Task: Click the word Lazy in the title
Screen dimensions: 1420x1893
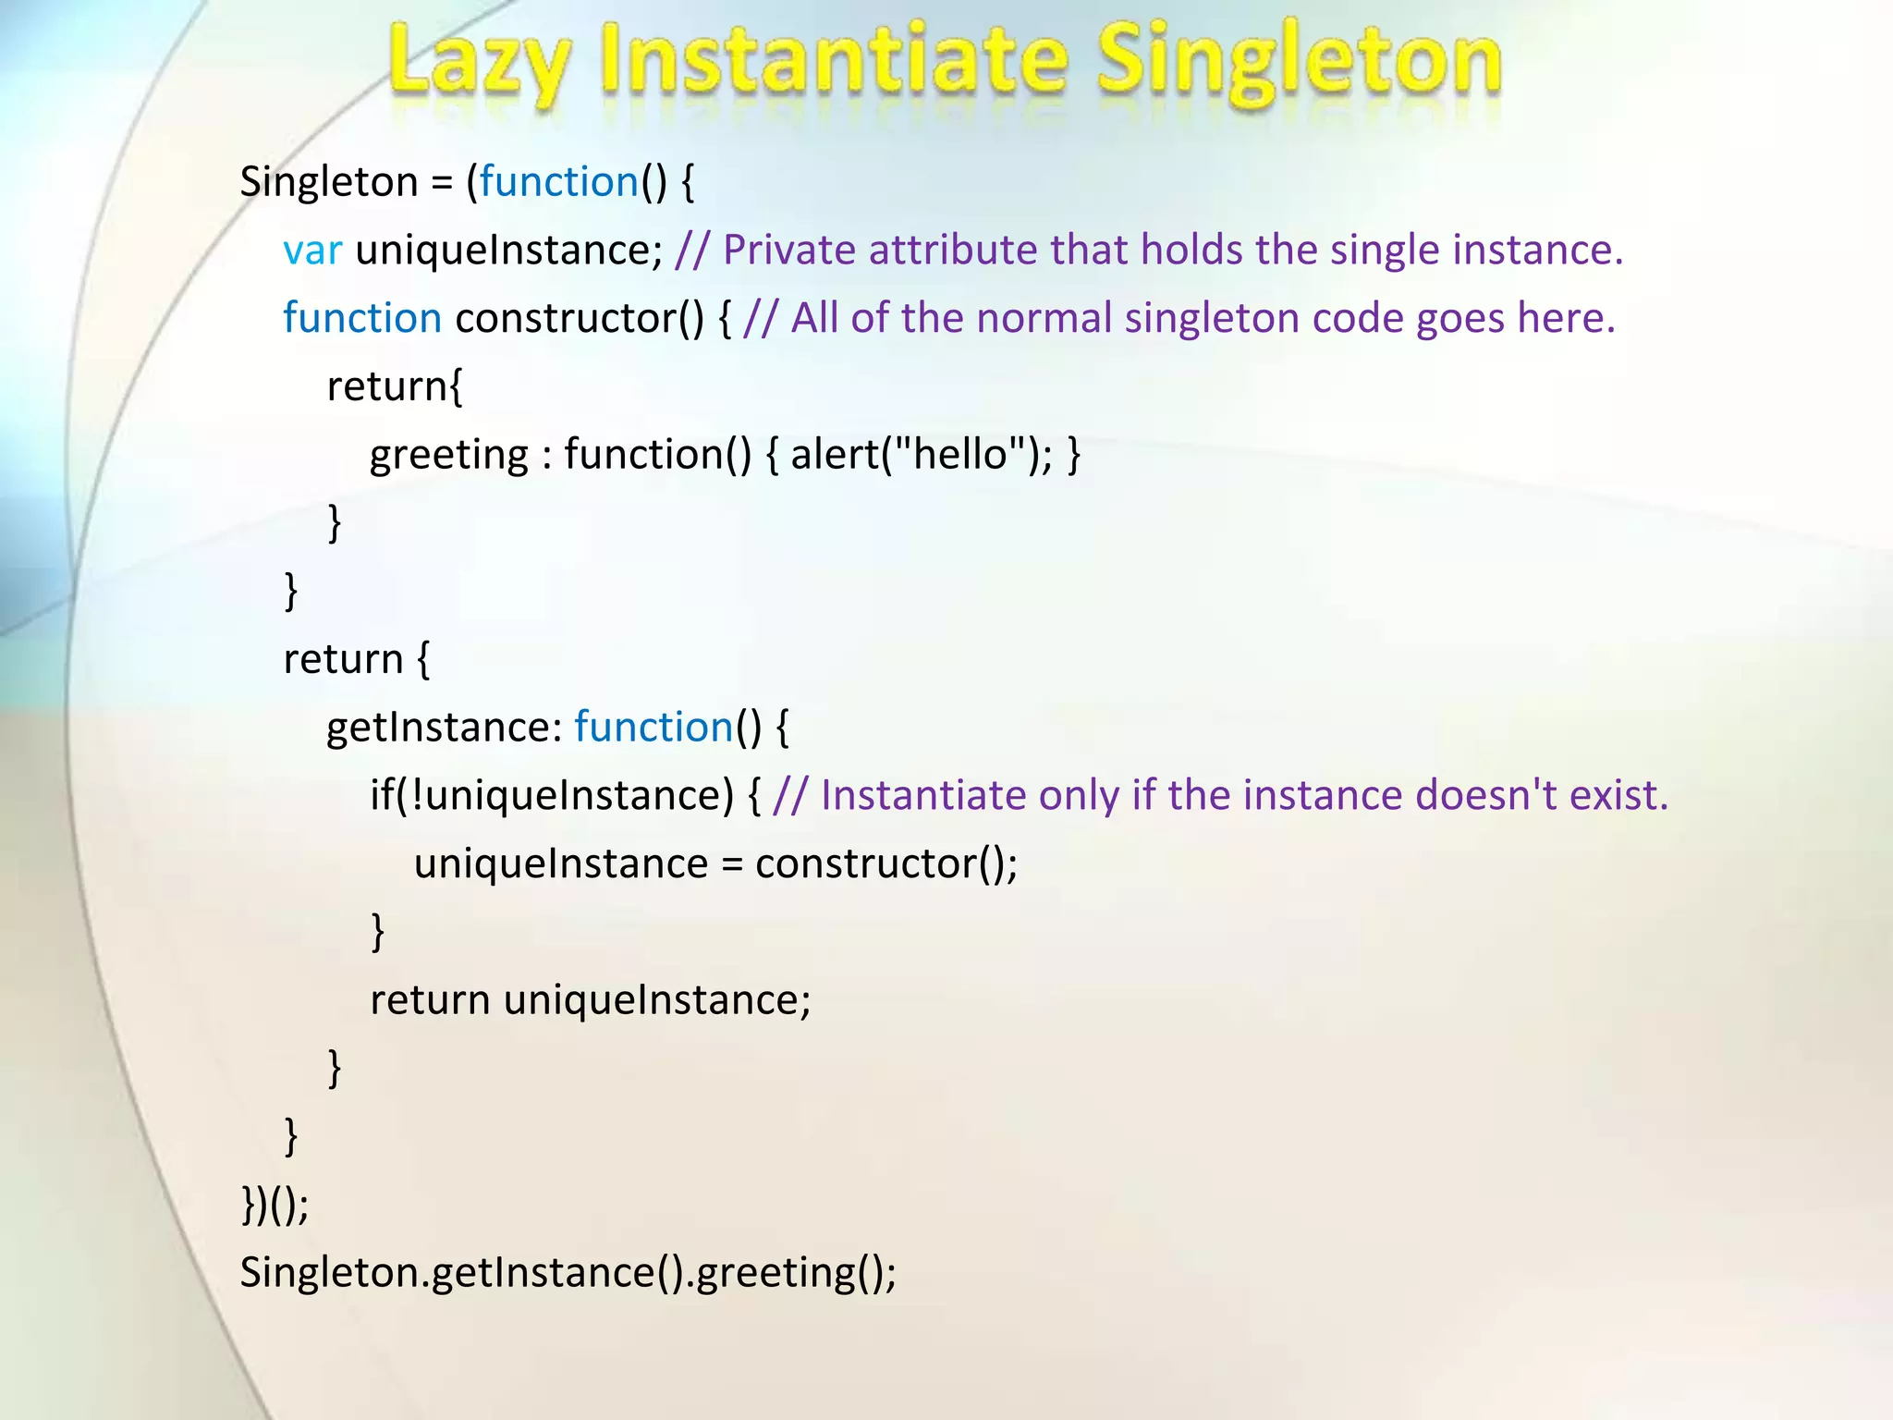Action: [477, 63]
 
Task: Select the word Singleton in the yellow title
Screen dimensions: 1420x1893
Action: [1299, 63]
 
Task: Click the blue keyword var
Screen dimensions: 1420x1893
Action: [312, 251]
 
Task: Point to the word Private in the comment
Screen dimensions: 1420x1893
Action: [788, 250]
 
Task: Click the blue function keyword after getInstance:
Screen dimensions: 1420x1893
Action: [653, 727]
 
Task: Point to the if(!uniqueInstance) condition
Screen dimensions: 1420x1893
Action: [552, 795]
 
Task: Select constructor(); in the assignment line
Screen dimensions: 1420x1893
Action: [885, 863]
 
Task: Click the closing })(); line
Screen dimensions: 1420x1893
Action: [275, 1204]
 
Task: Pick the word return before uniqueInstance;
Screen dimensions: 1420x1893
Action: [430, 1000]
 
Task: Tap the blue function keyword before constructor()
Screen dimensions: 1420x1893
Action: [362, 318]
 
